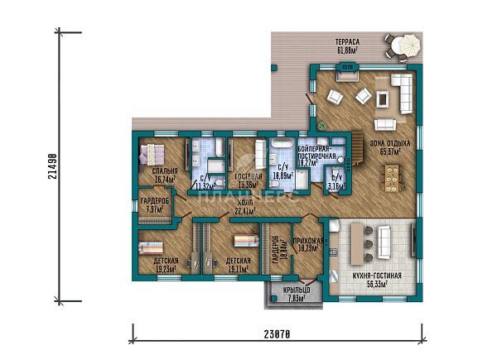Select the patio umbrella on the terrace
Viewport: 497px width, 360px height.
[x=407, y=43]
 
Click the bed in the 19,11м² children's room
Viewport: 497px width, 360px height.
[x=244, y=241]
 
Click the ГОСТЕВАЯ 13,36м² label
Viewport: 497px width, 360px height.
[x=246, y=181]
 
